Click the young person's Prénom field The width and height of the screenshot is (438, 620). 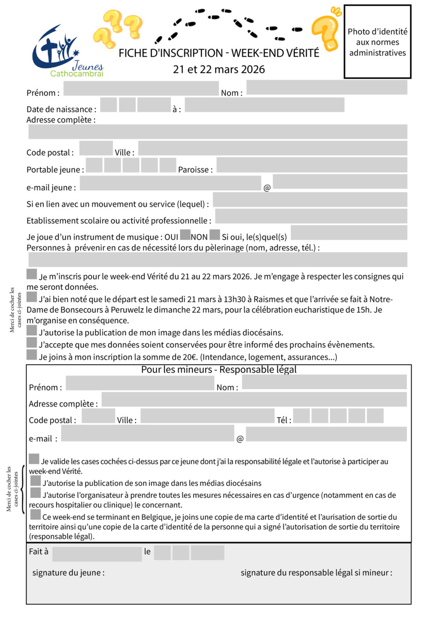point(140,88)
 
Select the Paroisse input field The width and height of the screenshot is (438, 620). point(311,165)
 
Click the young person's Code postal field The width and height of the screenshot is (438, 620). point(96,148)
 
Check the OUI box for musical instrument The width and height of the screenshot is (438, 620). point(185,235)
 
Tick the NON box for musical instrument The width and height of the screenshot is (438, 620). point(214,235)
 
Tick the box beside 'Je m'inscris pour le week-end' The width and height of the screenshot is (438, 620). point(32,274)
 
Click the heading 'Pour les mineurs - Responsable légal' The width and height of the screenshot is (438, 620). point(219,370)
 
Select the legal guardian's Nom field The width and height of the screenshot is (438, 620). point(324,382)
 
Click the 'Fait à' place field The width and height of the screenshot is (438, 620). point(97,554)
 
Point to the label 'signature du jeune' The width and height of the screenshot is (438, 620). point(68,573)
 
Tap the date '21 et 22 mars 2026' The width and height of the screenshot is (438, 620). point(219,69)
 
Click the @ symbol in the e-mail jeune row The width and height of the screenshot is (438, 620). point(267,188)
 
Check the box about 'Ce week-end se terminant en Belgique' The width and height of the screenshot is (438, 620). point(36,515)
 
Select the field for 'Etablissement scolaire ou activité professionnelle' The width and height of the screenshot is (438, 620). point(311,216)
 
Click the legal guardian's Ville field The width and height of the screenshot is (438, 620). point(207,416)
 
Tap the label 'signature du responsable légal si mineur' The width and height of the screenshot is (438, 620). point(316,573)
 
